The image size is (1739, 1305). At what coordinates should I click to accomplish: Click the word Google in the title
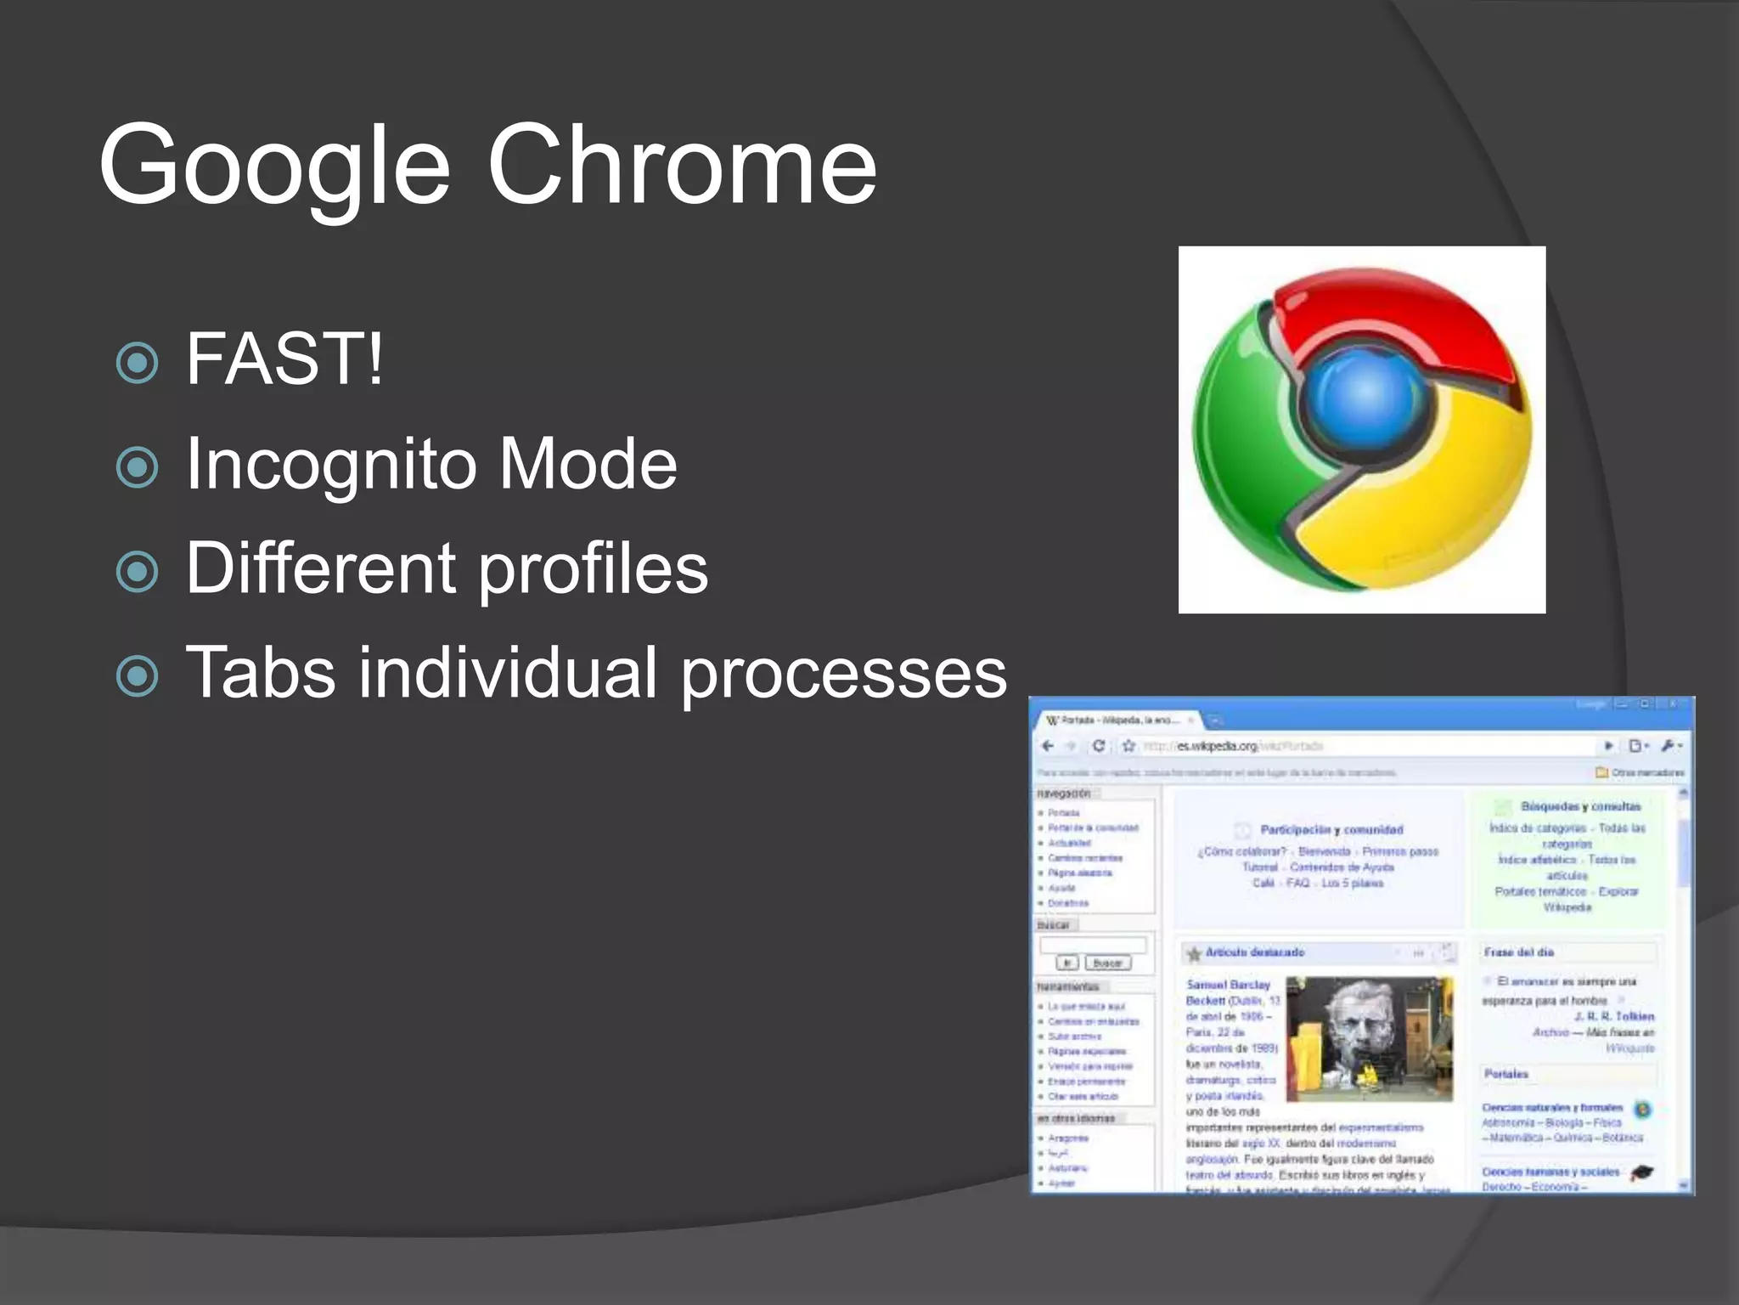pyautogui.click(x=273, y=166)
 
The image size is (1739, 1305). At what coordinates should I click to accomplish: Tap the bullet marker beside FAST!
pyautogui.click(x=137, y=363)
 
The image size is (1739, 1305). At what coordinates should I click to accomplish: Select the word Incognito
pyautogui.click(x=330, y=465)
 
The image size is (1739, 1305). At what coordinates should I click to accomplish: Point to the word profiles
pyautogui.click(x=593, y=568)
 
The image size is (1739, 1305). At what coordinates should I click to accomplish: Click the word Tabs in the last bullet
pyautogui.click(x=260, y=672)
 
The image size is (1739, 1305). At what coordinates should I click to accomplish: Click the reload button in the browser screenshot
pyautogui.click(x=1099, y=746)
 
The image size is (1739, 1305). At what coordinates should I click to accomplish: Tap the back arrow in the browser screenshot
pyautogui.click(x=1048, y=746)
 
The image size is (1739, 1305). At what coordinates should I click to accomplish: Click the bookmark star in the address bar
pyautogui.click(x=1128, y=746)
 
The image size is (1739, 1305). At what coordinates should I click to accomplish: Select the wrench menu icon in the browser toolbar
pyautogui.click(x=1669, y=746)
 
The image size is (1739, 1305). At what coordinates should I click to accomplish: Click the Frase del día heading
pyautogui.click(x=1519, y=952)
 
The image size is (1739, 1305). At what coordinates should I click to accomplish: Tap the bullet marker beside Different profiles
pyautogui.click(x=137, y=571)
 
